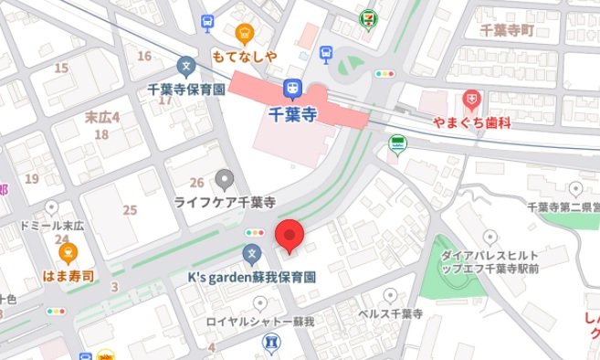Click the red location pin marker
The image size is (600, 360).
[289, 237]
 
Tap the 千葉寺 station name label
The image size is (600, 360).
[294, 114]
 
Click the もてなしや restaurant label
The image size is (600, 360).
[243, 56]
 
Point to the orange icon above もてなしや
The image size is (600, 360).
[244, 34]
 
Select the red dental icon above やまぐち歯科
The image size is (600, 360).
[472, 97]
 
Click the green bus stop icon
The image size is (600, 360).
[396, 143]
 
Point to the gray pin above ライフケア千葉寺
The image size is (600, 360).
[224, 178]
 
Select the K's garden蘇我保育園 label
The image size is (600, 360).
[251, 275]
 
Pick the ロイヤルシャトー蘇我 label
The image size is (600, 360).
[271, 322]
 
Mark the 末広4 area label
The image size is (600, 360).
[102, 116]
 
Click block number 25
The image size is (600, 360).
[130, 210]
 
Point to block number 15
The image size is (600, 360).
[62, 68]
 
